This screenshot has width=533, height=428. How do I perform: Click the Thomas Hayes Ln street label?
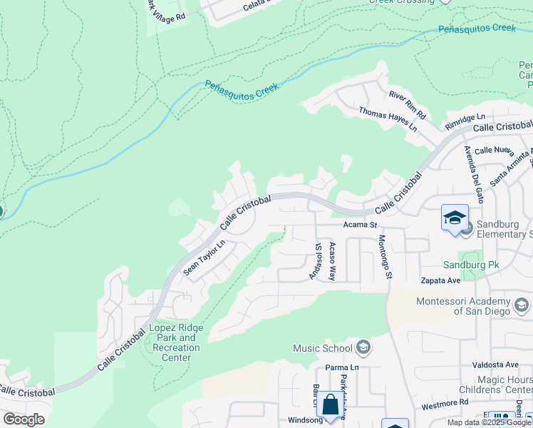(388, 119)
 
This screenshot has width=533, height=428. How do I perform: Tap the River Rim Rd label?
(407, 105)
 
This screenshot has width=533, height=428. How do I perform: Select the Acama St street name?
(360, 225)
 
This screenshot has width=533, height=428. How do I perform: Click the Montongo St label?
(385, 256)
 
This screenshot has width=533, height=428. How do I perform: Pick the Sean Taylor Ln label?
(204, 257)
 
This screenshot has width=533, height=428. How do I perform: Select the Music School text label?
(323, 348)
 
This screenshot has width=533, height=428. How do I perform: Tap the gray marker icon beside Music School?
(363, 348)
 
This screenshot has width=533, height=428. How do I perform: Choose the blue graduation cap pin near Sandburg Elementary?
(455, 216)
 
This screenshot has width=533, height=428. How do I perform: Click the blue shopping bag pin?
(330, 404)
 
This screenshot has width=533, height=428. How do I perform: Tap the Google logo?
(24, 419)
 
